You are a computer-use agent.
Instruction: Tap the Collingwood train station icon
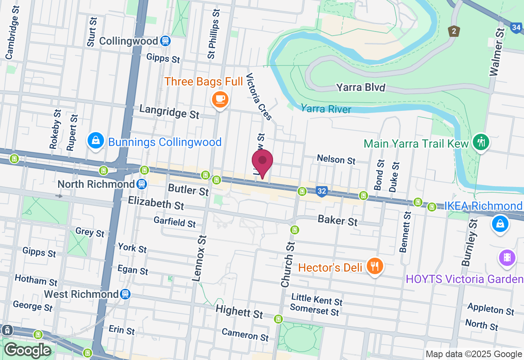(165, 41)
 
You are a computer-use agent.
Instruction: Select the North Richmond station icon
(142, 184)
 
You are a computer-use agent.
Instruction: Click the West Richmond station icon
(125, 294)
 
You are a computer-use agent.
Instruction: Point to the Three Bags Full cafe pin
(220, 99)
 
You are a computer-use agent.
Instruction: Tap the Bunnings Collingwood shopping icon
(95, 141)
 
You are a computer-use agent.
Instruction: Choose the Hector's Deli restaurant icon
(374, 267)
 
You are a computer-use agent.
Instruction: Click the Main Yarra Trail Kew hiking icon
(481, 142)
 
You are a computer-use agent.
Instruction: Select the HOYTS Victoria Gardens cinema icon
(507, 258)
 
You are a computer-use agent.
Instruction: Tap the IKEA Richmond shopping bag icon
(500, 224)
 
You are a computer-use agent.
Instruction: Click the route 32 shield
(322, 191)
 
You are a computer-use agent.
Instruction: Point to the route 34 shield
(517, 28)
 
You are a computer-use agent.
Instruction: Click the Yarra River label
(326, 109)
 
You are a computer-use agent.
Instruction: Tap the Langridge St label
(169, 111)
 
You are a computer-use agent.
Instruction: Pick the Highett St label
(239, 312)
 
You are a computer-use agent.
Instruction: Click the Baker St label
(338, 221)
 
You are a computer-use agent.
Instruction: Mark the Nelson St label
(336, 159)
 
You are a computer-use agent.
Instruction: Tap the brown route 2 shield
(454, 31)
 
